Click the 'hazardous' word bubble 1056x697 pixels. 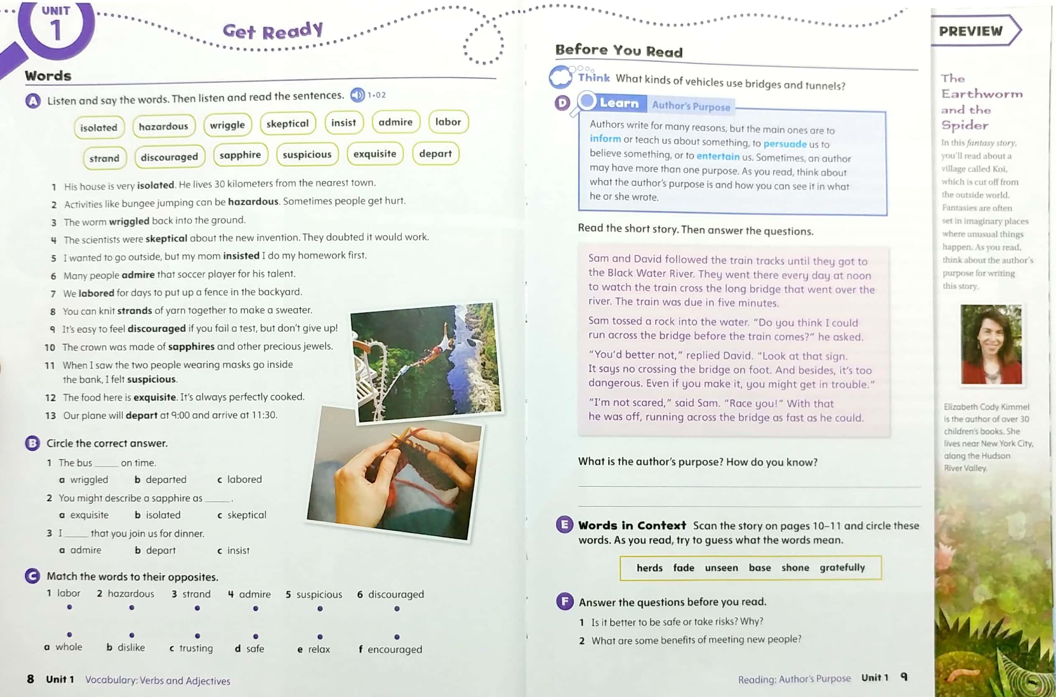[x=163, y=127]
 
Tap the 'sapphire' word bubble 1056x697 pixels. [x=240, y=155]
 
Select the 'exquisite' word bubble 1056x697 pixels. [x=375, y=154]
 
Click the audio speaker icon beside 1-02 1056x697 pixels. [x=357, y=95]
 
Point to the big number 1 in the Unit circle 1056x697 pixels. [x=56, y=30]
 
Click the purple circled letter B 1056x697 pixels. [x=33, y=443]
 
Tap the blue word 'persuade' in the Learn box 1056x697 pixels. [x=784, y=144]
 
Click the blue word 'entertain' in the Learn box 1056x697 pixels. [x=718, y=156]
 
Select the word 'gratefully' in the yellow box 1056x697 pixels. [x=842, y=567]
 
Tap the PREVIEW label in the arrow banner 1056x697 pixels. [x=971, y=31]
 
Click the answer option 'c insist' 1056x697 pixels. [x=234, y=551]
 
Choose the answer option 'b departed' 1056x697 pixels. [x=161, y=480]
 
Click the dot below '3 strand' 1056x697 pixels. [x=197, y=608]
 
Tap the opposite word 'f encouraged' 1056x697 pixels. [x=391, y=649]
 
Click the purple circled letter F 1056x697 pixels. [x=564, y=602]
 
